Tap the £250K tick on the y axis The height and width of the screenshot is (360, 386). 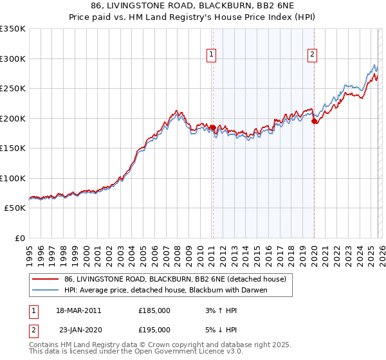[x=13, y=89]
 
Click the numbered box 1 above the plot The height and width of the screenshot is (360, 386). [x=212, y=56]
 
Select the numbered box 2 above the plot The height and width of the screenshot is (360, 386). [x=312, y=56]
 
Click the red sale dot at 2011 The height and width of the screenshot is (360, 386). [x=212, y=127]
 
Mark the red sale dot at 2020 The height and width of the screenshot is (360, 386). [x=314, y=121]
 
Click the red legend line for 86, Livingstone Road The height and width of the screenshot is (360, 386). [x=45, y=279]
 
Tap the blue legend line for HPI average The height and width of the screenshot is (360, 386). [x=45, y=290]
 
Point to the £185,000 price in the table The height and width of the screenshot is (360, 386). [x=154, y=310]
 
